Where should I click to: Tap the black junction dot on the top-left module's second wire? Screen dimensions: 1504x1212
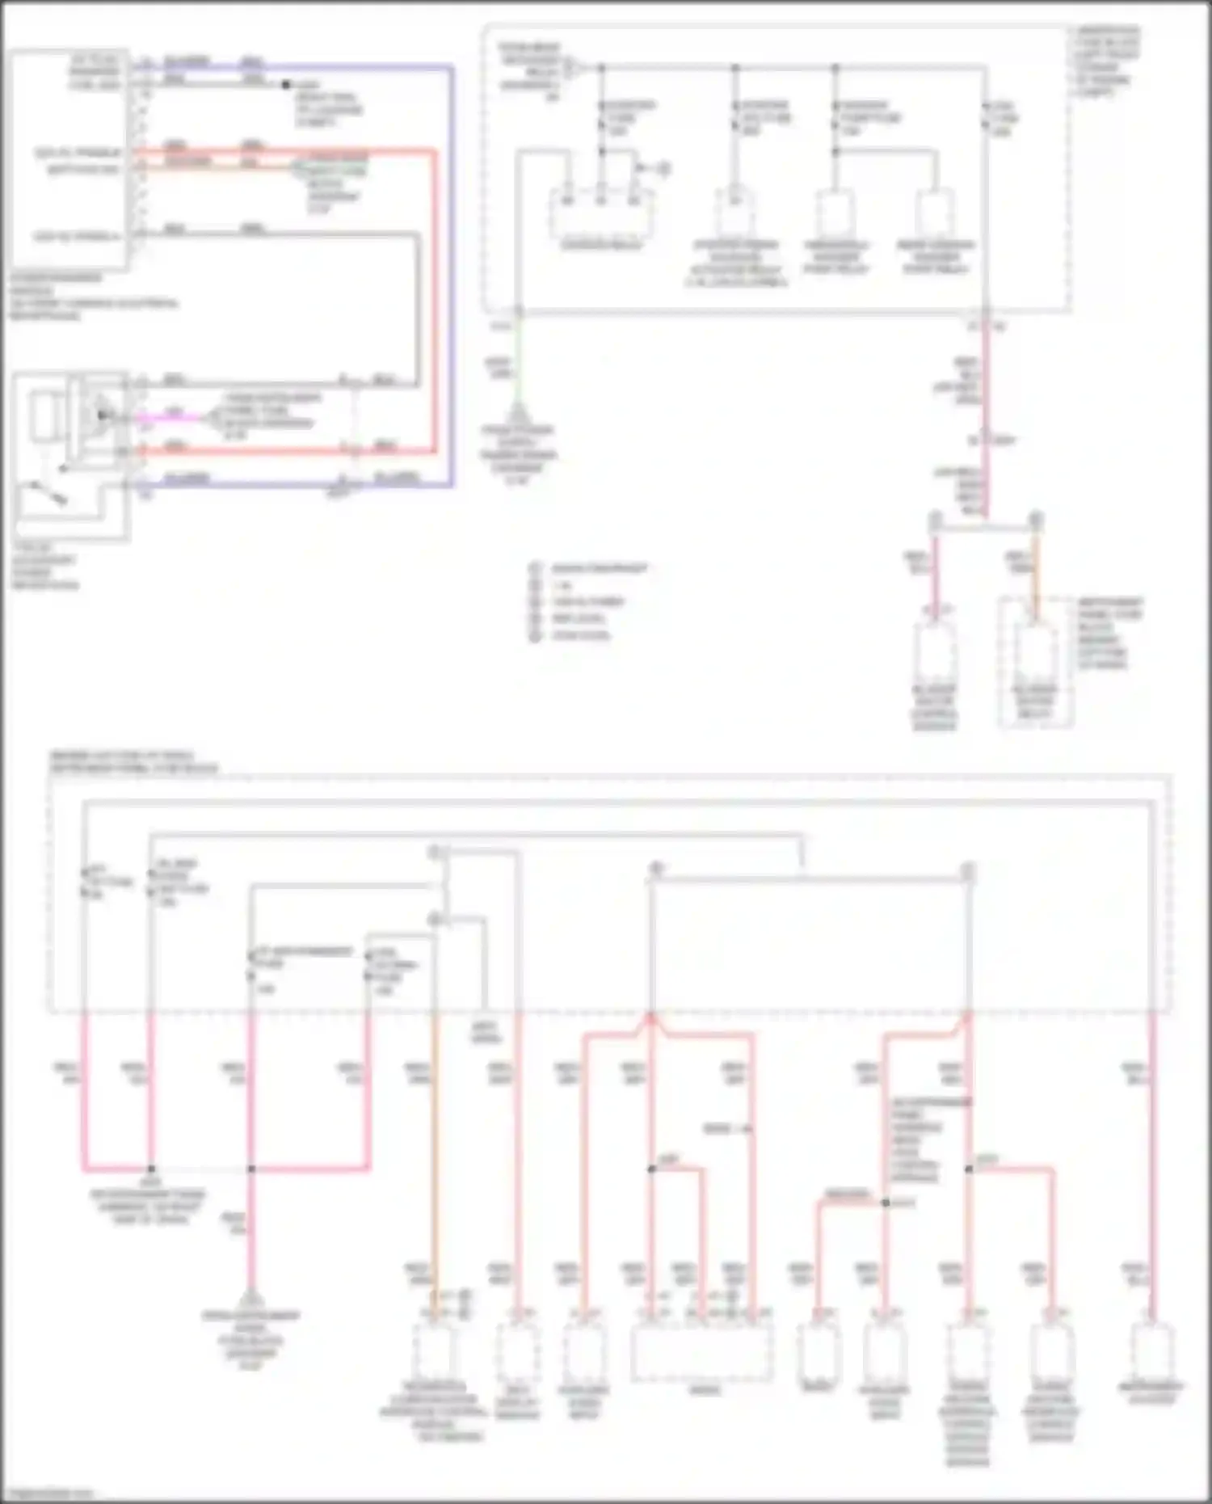(285, 84)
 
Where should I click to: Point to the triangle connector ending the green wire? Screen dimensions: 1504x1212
(516, 411)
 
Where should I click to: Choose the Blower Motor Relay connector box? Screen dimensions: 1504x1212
(1035, 655)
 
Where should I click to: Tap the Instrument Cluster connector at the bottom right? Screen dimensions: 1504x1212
(1151, 1350)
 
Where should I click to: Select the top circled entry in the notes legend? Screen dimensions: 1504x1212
(535, 568)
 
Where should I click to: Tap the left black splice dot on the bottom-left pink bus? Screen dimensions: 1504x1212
(151, 1169)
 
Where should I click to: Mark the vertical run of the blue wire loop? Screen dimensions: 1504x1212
(452, 275)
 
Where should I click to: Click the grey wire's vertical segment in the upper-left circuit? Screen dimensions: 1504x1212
(418, 307)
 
